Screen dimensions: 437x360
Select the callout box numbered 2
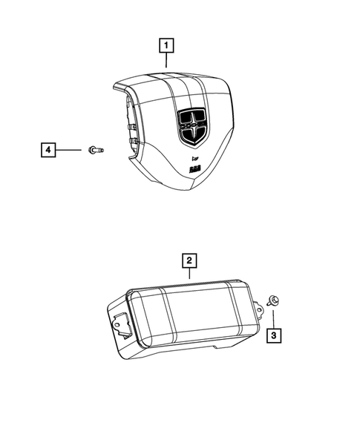[190, 260]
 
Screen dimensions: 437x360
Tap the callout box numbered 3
[274, 335]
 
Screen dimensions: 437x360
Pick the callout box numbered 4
[48, 150]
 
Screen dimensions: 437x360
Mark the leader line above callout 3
[274, 316]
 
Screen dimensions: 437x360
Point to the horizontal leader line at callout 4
[71, 150]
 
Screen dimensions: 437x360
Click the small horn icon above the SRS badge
[194, 157]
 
